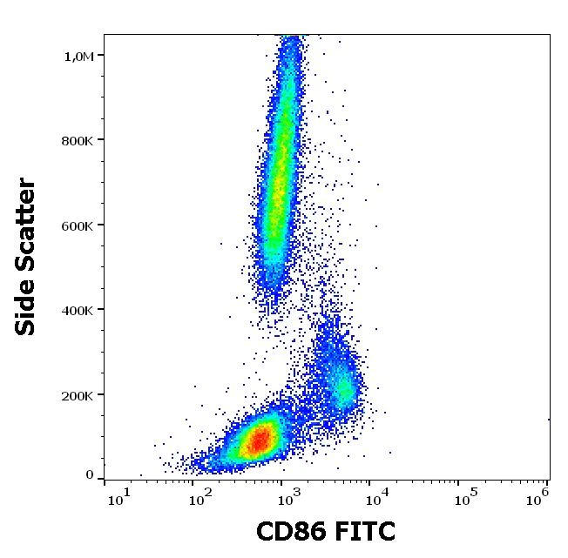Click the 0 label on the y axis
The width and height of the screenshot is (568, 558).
pyautogui.click(x=89, y=475)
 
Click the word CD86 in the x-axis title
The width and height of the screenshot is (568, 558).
pyautogui.click(x=289, y=531)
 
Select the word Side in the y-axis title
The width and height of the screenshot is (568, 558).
pyautogui.click(x=26, y=306)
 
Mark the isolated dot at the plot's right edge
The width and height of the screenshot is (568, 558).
pyautogui.click(x=549, y=419)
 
